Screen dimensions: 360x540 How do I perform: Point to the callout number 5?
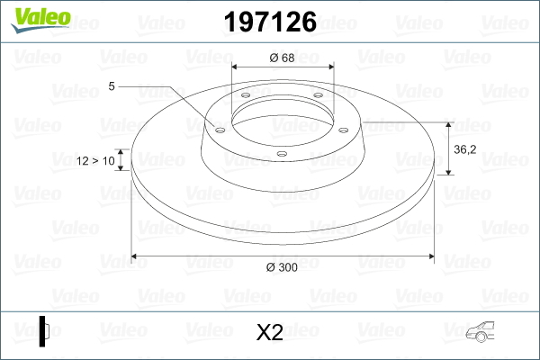point(112,86)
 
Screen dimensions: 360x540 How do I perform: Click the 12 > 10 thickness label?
point(95,161)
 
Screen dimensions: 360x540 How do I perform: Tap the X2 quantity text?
point(269,333)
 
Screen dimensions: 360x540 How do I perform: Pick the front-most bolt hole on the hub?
point(282,153)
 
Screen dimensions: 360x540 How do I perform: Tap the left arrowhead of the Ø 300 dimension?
point(136,256)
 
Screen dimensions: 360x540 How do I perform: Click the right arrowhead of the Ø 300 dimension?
point(431,256)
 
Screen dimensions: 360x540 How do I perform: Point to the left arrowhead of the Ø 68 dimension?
point(236,67)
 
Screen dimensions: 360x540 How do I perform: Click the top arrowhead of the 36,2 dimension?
point(448,124)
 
